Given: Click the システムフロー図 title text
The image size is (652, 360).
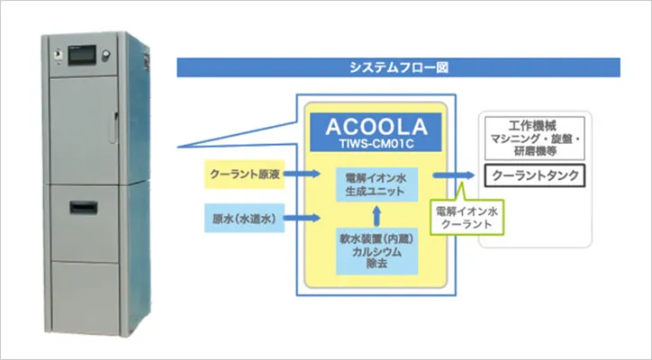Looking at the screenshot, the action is (x=399, y=67).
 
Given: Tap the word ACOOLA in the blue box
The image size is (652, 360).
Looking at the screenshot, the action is (x=376, y=127).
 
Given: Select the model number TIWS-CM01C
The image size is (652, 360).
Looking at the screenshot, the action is (x=376, y=144).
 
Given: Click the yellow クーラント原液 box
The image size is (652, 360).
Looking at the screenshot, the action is (x=245, y=175).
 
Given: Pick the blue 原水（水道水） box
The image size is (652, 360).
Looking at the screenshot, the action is (x=245, y=218).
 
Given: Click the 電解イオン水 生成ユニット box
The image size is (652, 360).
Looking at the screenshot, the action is (x=376, y=184).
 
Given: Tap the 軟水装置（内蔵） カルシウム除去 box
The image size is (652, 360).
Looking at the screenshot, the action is (x=376, y=251).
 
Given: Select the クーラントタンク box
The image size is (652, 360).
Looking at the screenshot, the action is (x=535, y=175).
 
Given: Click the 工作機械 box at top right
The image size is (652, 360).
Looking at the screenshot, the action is (x=535, y=138).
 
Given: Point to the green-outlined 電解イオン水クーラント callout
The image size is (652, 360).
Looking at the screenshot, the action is (x=466, y=218).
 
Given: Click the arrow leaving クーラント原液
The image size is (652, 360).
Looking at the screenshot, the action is (x=303, y=174).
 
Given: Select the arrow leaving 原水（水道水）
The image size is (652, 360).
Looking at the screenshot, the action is (x=303, y=218).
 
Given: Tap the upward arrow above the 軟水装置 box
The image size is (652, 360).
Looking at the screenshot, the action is (x=376, y=215).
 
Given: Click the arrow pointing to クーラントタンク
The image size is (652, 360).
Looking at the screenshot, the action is (x=453, y=175).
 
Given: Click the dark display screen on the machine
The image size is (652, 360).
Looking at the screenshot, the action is (x=82, y=55).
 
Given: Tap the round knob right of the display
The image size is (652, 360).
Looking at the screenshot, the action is (x=106, y=55).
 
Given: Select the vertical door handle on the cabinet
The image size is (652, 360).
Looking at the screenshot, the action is (x=113, y=128).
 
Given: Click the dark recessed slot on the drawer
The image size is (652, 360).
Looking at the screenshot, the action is (x=84, y=207).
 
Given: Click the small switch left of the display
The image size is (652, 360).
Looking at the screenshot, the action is (x=58, y=55).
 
